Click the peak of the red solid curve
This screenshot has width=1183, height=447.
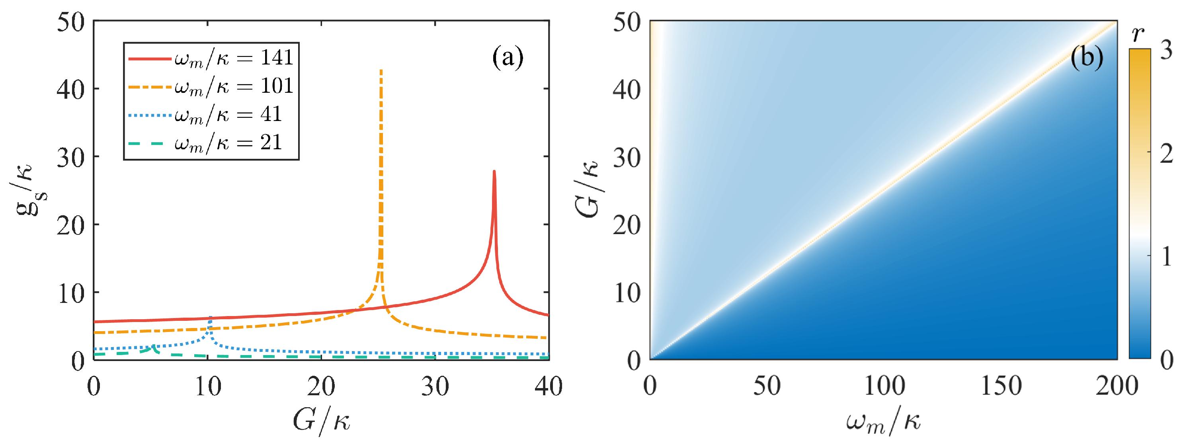pos(494,172)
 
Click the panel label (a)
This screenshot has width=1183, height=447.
pos(508,57)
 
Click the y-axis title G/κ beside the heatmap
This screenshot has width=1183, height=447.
pos(588,189)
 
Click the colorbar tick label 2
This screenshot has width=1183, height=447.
pos(1166,153)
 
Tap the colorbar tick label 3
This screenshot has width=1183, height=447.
pos(1166,50)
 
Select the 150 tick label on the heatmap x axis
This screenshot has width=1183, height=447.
pos(1001,386)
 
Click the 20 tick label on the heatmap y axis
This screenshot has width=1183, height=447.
pos(627,226)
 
